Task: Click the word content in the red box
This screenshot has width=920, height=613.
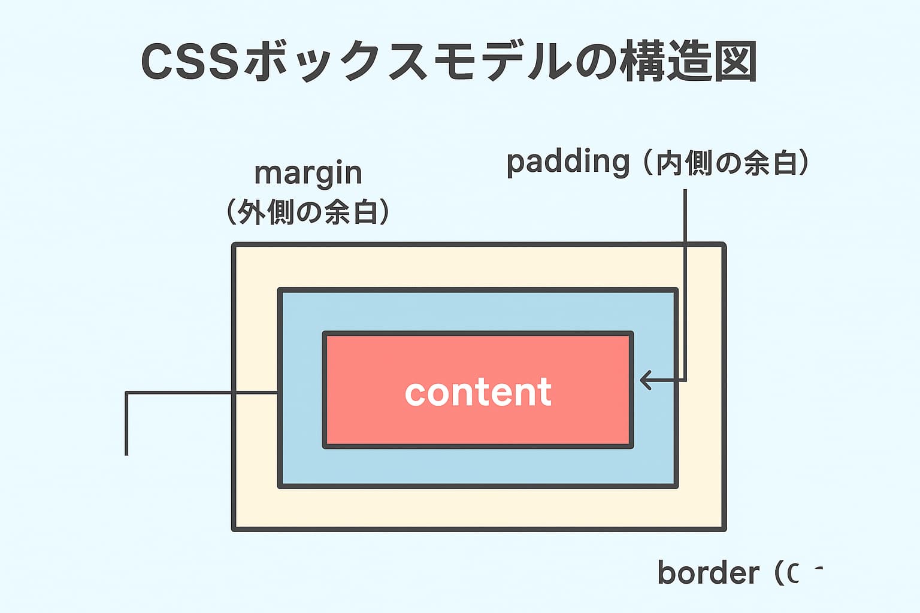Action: click(477, 392)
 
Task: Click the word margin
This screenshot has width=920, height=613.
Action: click(308, 174)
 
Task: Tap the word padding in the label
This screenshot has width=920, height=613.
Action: click(568, 162)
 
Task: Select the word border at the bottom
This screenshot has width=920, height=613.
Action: click(708, 573)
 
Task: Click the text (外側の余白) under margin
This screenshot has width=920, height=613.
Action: click(308, 212)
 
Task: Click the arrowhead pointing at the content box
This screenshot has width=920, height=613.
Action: click(644, 380)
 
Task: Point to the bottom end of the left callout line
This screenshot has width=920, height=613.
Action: click(127, 453)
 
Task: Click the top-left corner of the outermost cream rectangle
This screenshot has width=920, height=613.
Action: click(234, 245)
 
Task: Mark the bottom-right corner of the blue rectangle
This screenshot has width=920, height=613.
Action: click(676, 486)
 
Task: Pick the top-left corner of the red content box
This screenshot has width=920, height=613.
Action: click(325, 333)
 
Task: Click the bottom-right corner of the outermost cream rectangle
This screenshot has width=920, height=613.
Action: click(724, 529)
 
